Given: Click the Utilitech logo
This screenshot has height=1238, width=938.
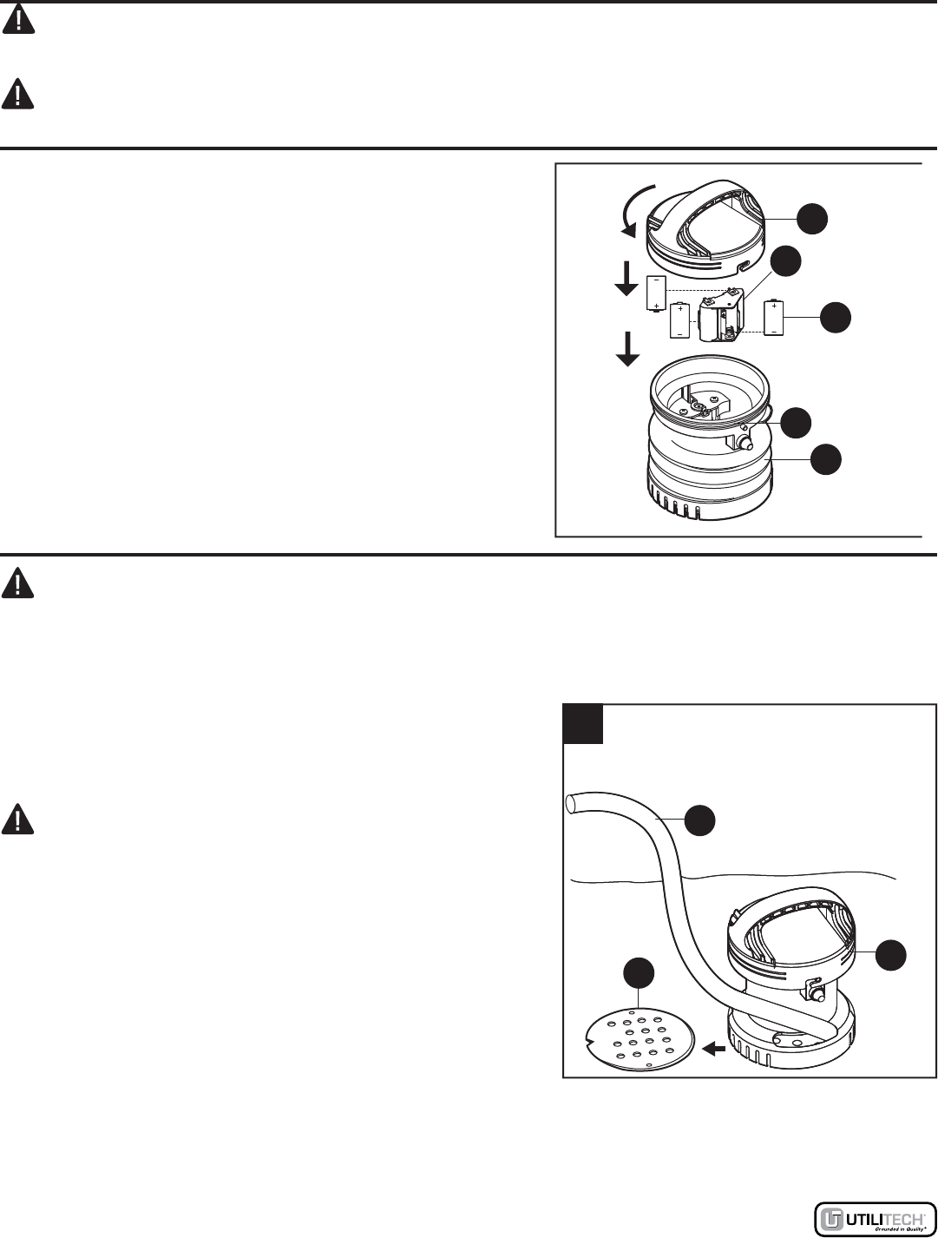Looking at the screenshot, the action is [874, 1218].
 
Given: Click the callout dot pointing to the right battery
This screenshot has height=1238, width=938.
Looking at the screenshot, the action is [835, 317].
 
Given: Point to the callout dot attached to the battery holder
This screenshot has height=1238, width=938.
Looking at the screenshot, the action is [786, 261].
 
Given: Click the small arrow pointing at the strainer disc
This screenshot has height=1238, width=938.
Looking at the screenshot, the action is [713, 1049].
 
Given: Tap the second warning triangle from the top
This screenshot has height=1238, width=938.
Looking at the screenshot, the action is [18, 94].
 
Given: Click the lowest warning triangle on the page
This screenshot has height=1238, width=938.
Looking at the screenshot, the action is [18, 820].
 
